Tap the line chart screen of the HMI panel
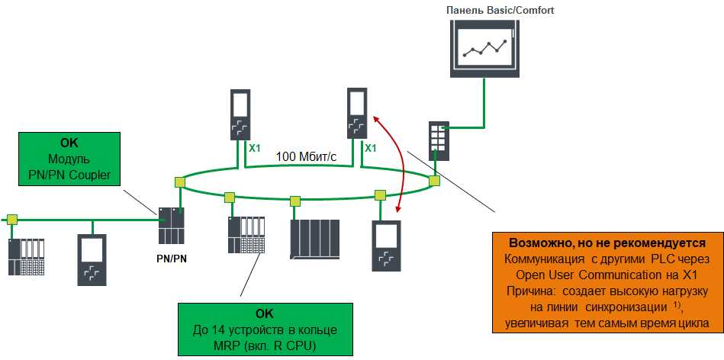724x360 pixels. click(484, 50)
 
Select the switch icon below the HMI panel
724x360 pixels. click(439, 138)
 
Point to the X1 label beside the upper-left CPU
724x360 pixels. click(256, 148)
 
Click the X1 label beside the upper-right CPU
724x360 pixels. click(372, 148)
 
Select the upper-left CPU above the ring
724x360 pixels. click(240, 115)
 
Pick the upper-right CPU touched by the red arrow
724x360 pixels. click(357, 114)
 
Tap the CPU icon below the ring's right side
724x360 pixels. click(386, 246)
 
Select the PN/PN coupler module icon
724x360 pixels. click(172, 226)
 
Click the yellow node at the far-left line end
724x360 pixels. click(12, 220)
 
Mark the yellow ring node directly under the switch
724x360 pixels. click(434, 181)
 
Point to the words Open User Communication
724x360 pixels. click(580, 275)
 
